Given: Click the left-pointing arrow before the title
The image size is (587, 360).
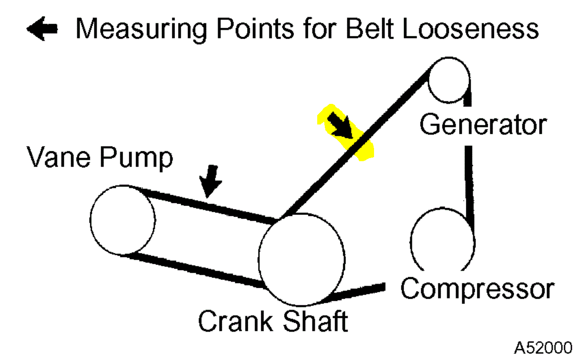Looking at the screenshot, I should pyautogui.click(x=43, y=30).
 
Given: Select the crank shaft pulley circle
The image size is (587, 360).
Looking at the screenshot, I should pyautogui.click(x=302, y=260).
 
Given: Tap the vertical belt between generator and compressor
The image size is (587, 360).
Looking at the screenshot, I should pyautogui.click(x=468, y=179).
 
